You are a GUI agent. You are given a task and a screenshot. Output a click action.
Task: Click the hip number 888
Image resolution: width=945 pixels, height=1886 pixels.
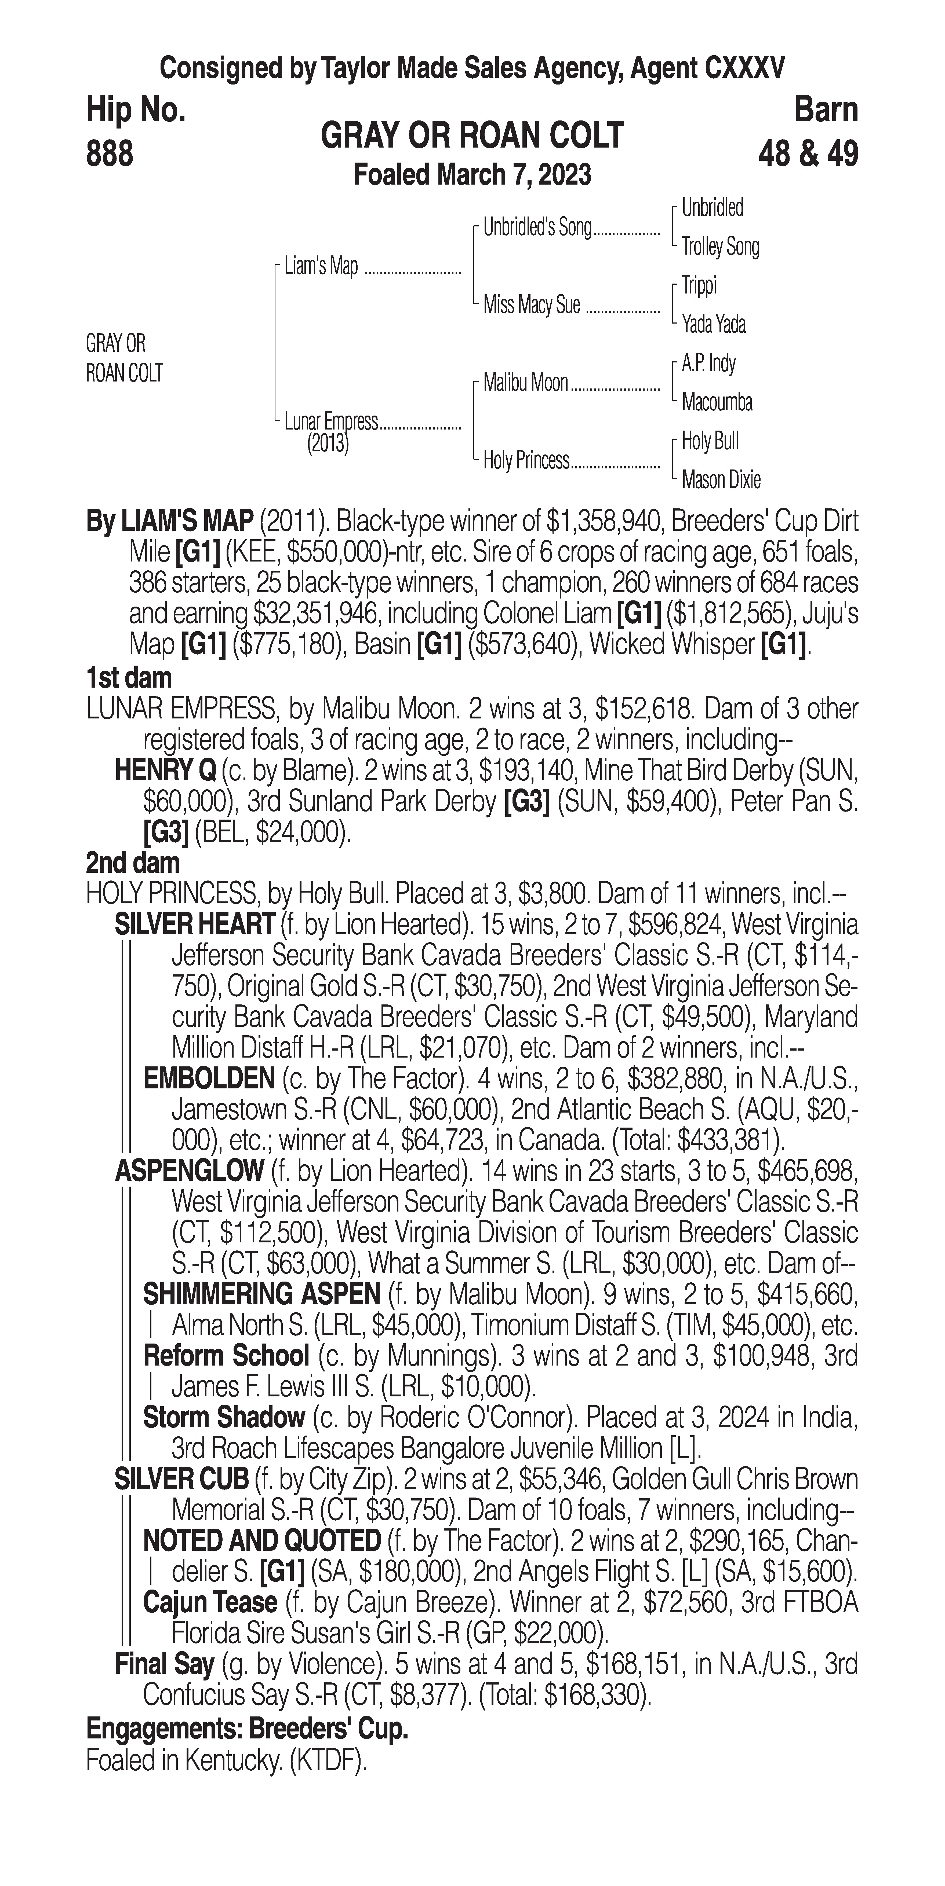[110, 155]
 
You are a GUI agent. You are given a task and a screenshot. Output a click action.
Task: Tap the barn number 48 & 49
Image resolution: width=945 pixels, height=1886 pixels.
[808, 155]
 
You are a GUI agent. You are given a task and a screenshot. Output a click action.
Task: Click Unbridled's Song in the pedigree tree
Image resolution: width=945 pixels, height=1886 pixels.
[537, 228]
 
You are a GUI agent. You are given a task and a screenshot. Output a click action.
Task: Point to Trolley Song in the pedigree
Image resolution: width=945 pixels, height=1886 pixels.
[720, 247]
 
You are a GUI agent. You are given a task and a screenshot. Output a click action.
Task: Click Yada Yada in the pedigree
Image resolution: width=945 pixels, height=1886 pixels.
[714, 324]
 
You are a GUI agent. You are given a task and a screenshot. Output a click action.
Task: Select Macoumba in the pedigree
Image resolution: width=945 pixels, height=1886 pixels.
[717, 402]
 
